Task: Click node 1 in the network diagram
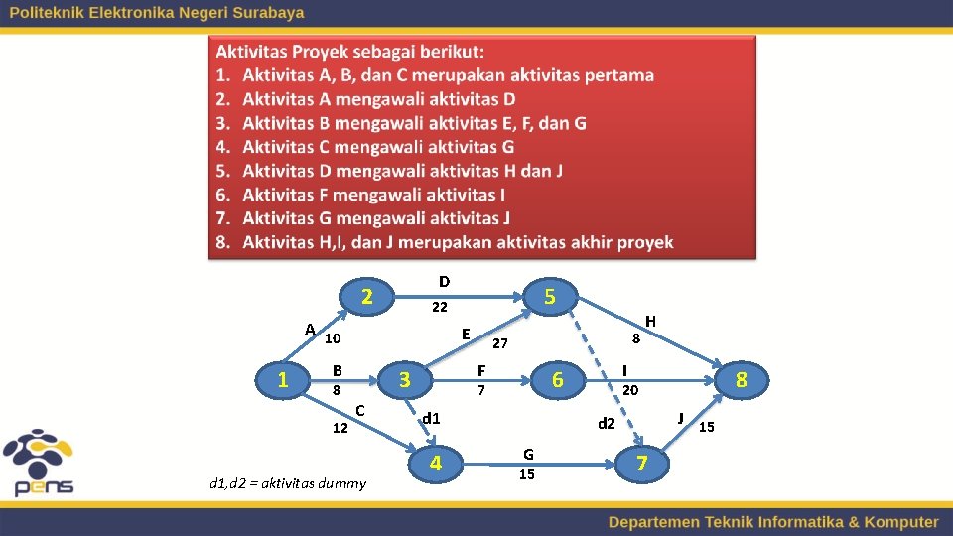(x=284, y=378)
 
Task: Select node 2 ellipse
(x=366, y=296)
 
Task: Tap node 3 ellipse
(x=404, y=379)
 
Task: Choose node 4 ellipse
(x=435, y=463)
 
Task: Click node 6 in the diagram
(x=558, y=379)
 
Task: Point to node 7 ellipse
(x=641, y=463)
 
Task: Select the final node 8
(x=741, y=379)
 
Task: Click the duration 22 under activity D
(x=439, y=308)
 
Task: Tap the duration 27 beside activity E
(x=500, y=343)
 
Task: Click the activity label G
(x=528, y=455)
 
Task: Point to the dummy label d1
(x=431, y=418)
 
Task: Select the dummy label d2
(x=607, y=424)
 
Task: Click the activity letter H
(x=650, y=321)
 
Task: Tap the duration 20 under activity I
(x=629, y=390)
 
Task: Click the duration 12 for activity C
(x=340, y=429)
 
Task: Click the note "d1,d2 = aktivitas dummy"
(x=288, y=483)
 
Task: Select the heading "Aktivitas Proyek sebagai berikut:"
(x=350, y=51)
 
